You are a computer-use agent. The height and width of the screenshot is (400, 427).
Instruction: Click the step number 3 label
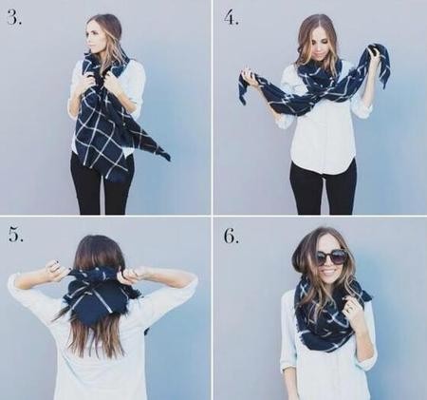point(14,18)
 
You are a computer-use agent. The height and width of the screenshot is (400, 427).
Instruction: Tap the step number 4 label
point(232,17)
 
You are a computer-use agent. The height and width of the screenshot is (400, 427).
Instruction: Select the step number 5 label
point(15,235)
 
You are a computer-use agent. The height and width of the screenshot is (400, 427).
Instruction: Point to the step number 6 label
point(232,236)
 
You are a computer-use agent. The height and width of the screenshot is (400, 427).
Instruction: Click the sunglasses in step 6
point(329,257)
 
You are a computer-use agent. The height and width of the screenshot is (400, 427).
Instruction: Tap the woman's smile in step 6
point(329,272)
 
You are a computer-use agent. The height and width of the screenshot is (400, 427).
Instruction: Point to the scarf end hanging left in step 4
point(251,87)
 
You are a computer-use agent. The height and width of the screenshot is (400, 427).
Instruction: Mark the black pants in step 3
point(102,182)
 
